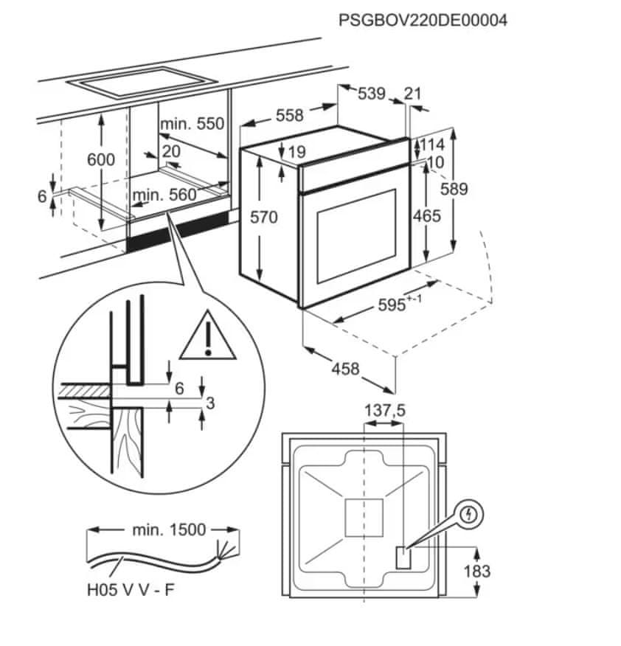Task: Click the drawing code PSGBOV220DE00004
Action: (x=423, y=20)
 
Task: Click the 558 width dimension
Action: (x=290, y=115)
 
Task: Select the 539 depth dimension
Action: (x=372, y=94)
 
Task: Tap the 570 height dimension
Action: (x=263, y=217)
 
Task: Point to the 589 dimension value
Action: (x=453, y=189)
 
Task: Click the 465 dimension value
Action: (x=426, y=216)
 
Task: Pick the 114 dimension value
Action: (x=432, y=145)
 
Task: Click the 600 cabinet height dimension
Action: (x=100, y=159)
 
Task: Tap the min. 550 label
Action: (x=192, y=124)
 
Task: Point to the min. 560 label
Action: (x=164, y=195)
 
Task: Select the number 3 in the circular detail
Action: (x=210, y=403)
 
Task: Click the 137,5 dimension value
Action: (x=385, y=410)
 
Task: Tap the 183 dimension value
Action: (x=477, y=570)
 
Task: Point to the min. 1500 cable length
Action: (x=170, y=529)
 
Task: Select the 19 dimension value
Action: (x=296, y=153)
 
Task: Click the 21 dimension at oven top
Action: (x=413, y=94)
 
